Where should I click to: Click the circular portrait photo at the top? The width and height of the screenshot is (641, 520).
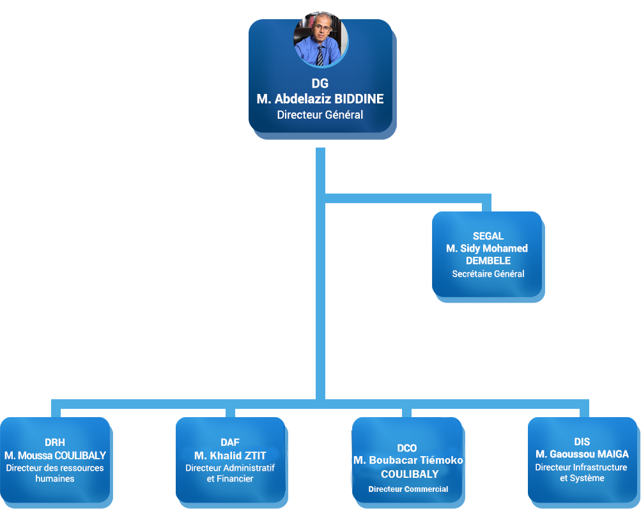click(321, 39)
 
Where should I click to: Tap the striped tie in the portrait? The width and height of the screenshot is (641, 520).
click(320, 56)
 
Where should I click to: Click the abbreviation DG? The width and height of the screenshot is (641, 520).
click(320, 83)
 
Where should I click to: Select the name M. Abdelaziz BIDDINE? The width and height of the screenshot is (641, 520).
click(320, 99)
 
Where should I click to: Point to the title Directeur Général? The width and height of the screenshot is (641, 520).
click(320, 115)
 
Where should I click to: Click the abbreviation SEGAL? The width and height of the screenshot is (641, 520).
click(488, 236)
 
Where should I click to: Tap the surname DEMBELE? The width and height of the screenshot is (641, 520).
click(488, 261)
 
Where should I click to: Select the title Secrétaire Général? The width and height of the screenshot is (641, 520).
click(488, 273)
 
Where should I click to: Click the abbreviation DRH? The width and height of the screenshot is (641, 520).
click(55, 443)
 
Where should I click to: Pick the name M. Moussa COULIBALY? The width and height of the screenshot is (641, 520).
click(55, 455)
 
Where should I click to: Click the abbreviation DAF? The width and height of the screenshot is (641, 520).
click(230, 443)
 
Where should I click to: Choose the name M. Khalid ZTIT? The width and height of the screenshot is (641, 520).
click(230, 455)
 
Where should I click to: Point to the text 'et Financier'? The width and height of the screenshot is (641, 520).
click(230, 478)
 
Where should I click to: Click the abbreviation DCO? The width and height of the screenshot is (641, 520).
click(407, 448)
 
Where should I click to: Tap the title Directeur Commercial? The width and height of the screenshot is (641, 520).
click(408, 489)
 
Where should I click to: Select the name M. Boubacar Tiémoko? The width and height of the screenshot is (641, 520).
click(408, 461)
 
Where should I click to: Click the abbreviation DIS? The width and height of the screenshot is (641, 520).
click(582, 442)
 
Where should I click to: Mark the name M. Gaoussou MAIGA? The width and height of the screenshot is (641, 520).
click(582, 454)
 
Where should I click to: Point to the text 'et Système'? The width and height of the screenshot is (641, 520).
click(582, 478)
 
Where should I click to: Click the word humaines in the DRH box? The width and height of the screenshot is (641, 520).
click(55, 478)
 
